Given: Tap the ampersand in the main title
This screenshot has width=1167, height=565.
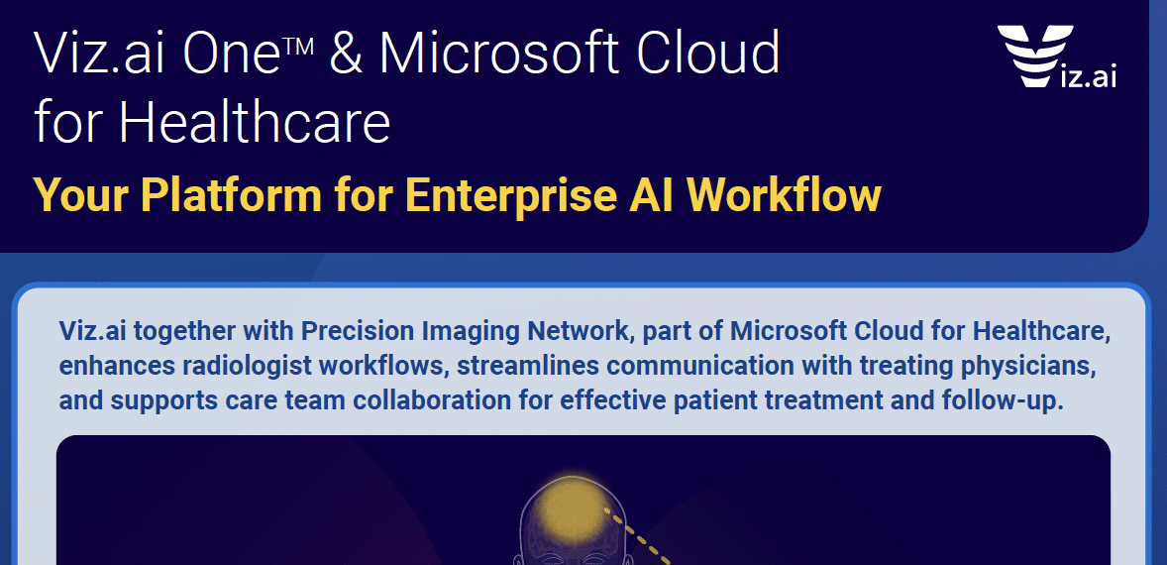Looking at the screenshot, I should point(346,55).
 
